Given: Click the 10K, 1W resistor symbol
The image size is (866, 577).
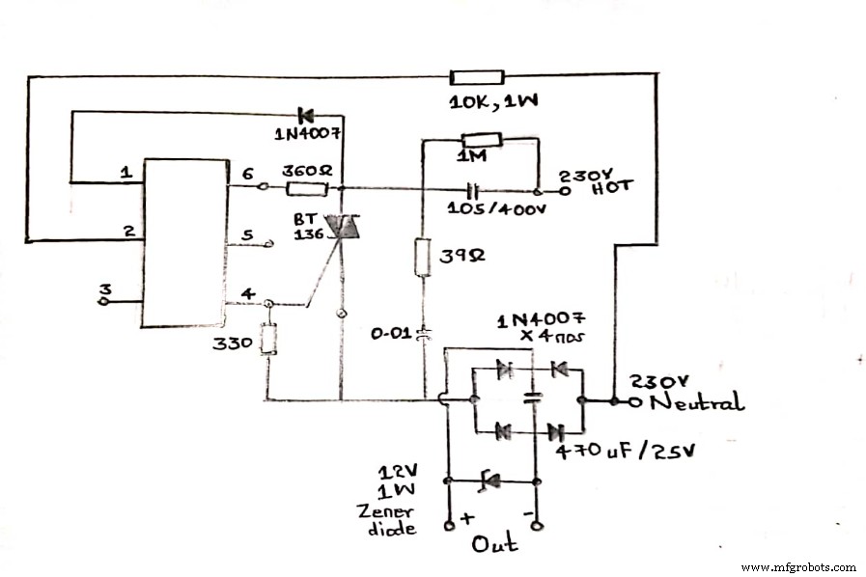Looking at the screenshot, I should pos(477,77).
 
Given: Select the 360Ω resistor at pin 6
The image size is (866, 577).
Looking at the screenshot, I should pos(307,189).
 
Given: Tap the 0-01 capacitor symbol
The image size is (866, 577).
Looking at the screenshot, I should pos(422,335).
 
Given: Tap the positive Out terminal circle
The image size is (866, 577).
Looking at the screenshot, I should pos(449,526).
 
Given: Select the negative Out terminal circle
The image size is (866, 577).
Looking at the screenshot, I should pos(537,526).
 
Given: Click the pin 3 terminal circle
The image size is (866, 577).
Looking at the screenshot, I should pos(103,300).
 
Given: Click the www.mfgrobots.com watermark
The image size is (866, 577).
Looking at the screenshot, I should pos(797,566).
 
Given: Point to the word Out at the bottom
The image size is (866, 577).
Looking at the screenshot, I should pos(494,545).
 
